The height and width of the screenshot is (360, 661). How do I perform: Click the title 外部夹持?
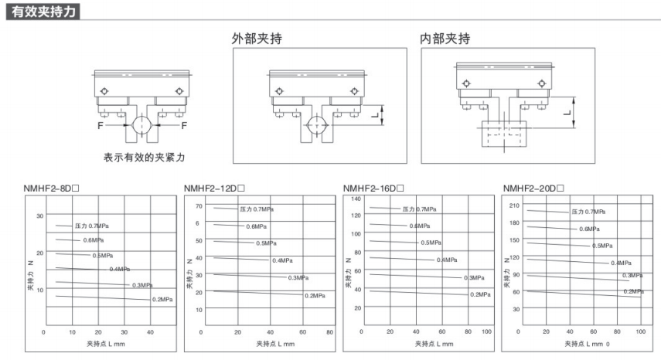[258, 39]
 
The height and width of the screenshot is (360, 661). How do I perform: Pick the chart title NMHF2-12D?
[213, 188]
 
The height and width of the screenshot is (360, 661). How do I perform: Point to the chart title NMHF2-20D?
[533, 188]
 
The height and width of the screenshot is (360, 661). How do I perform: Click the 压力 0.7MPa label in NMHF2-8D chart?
[90, 226]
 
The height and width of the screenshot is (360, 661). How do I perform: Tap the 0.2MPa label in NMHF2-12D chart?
[315, 296]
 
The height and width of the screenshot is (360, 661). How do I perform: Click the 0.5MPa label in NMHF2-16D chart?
[431, 243]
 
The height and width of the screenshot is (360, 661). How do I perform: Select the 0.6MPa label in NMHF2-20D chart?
[589, 229]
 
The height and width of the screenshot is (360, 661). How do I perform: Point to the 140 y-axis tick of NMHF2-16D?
[356, 199]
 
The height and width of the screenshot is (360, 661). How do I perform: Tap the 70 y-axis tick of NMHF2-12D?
[198, 206]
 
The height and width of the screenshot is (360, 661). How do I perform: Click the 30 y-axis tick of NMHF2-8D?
[40, 216]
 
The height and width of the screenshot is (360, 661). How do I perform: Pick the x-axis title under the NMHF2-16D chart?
[434, 343]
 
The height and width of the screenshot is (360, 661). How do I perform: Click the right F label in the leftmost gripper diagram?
[184, 124]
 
